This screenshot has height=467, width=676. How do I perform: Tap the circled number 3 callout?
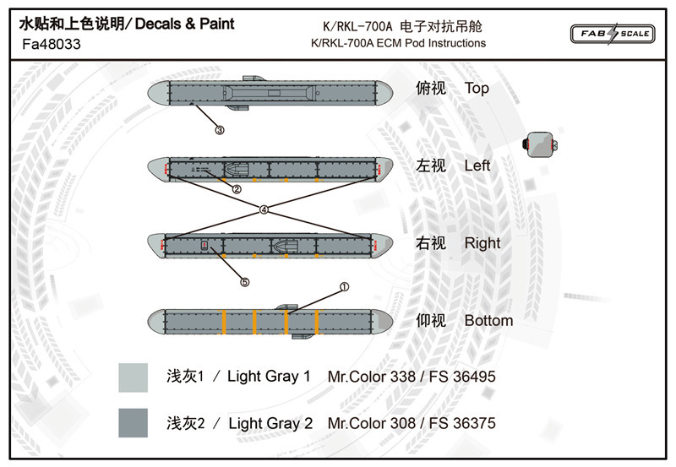[x=220, y=130]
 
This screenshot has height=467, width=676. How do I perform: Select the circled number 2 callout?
[x=237, y=189]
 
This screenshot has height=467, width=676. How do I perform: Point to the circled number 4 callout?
[x=264, y=209]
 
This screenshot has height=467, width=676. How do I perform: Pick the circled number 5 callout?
[x=245, y=282]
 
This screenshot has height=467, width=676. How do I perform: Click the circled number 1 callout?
[x=344, y=287]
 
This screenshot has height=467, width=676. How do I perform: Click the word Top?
[x=477, y=89]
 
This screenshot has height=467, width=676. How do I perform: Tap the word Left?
[x=477, y=166]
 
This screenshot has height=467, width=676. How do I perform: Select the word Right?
[x=482, y=243]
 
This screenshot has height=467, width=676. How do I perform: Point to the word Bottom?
[x=488, y=321]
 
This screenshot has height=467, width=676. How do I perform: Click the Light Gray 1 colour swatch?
[x=134, y=377]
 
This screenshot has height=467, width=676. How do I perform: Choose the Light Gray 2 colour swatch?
[x=134, y=422]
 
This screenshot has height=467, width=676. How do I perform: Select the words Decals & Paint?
[x=184, y=24]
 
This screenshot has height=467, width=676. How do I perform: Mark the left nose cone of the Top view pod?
[x=158, y=93]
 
